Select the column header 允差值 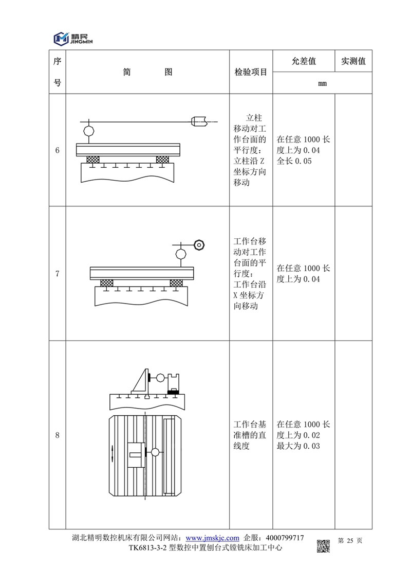pyautogui.click(x=303, y=61)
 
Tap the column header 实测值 pyautogui.click(x=353, y=61)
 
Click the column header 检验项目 pyautogui.click(x=251, y=72)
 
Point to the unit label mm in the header pyautogui.click(x=322, y=83)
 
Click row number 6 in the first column pyautogui.click(x=57, y=150)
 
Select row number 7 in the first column pyautogui.click(x=57, y=274)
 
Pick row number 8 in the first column pyautogui.click(x=57, y=435)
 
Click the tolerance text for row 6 pyautogui.click(x=303, y=150)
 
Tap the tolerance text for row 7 pyautogui.click(x=303, y=274)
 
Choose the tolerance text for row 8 pyautogui.click(x=303, y=435)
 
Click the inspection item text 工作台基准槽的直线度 pyautogui.click(x=250, y=435)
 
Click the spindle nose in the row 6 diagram pyautogui.click(x=200, y=121)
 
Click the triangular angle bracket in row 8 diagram pyautogui.click(x=140, y=383)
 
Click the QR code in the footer pyautogui.click(x=323, y=545)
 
